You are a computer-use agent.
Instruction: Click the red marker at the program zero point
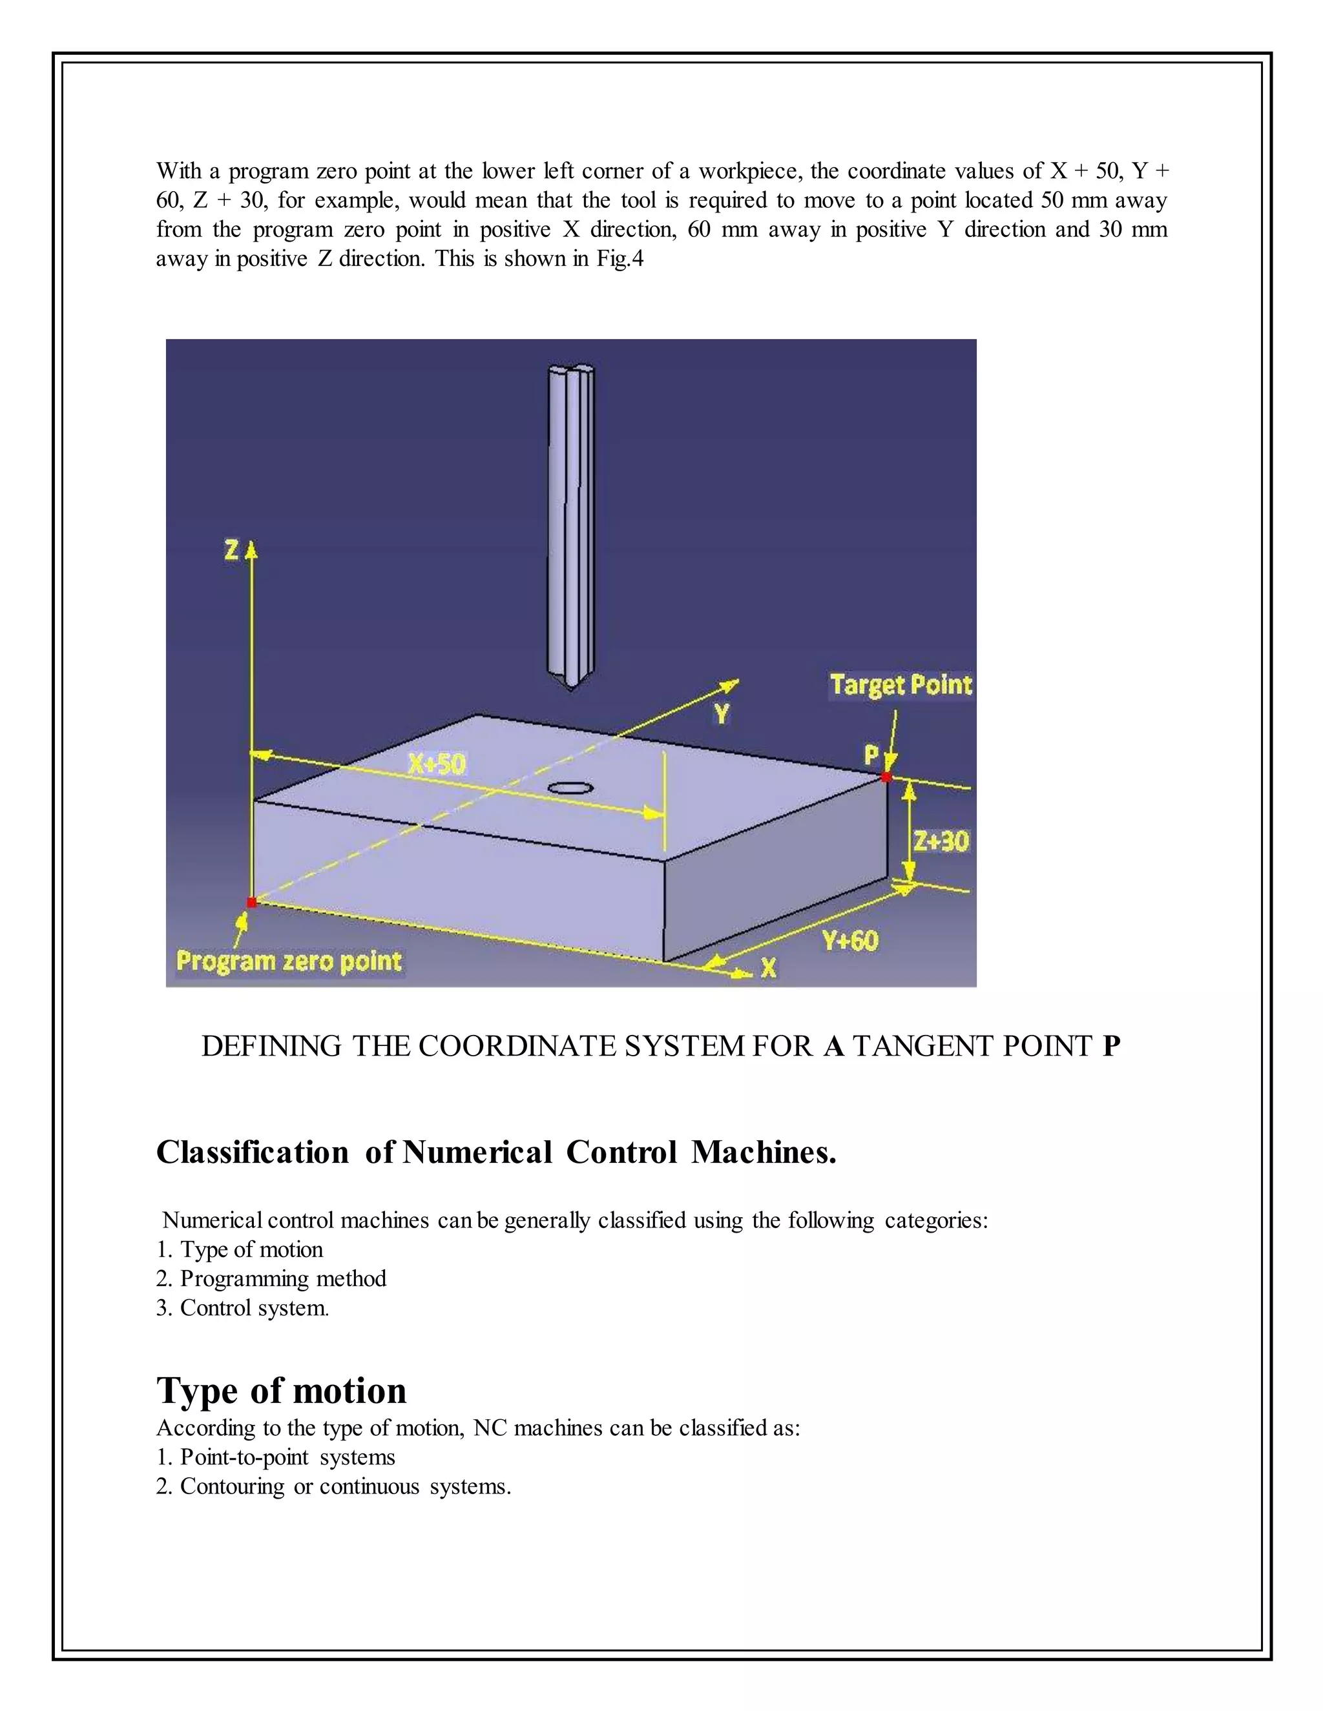point(251,903)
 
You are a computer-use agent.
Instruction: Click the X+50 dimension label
point(437,763)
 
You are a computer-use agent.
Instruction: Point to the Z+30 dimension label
point(941,841)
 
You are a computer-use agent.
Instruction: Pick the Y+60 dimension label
point(849,940)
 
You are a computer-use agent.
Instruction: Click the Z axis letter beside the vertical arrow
point(231,551)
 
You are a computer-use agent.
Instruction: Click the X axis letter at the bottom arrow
point(769,969)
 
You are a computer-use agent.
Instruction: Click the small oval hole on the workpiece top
point(570,787)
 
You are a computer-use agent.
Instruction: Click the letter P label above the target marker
point(871,755)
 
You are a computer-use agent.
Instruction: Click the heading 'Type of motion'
point(282,1391)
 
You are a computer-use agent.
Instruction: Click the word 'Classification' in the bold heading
point(251,1152)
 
